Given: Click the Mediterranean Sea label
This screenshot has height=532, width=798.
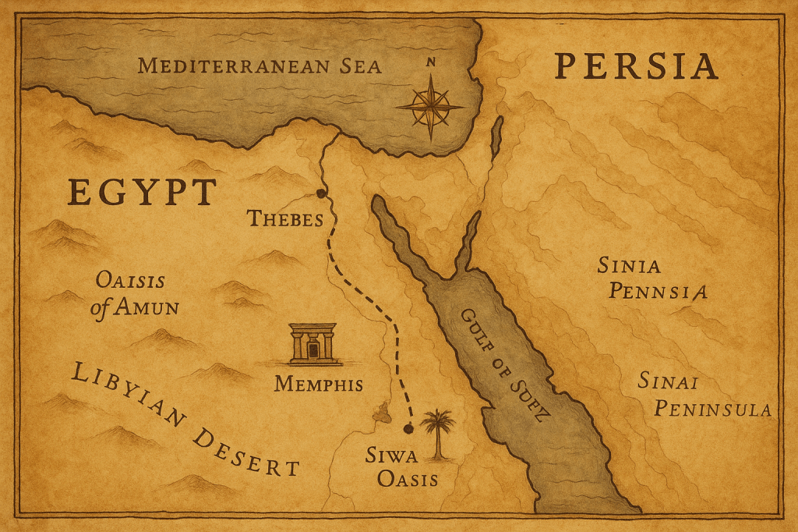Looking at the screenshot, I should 260,66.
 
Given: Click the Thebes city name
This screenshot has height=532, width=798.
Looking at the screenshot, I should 285,218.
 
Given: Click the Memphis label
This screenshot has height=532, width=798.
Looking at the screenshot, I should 319,385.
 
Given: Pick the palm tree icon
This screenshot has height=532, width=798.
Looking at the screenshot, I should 438,433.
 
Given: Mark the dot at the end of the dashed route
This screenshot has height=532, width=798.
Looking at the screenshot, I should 407,427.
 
